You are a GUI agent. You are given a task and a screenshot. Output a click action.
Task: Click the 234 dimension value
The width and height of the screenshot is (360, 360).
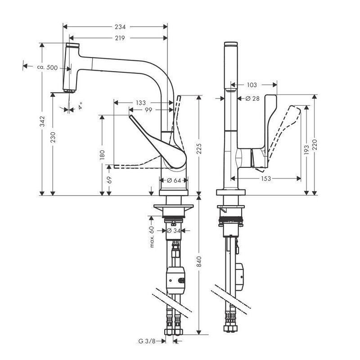(x=120, y=27)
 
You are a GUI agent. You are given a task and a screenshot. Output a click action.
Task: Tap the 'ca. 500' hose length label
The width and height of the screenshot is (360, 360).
(x=47, y=67)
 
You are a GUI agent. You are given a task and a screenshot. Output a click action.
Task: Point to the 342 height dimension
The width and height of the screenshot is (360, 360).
(x=41, y=121)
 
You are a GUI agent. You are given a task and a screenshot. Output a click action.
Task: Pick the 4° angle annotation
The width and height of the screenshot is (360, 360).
(x=81, y=106)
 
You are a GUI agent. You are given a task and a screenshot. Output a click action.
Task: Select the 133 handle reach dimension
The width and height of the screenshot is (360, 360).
(x=140, y=103)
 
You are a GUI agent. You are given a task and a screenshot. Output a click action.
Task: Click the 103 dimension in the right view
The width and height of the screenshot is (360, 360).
(x=252, y=85)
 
